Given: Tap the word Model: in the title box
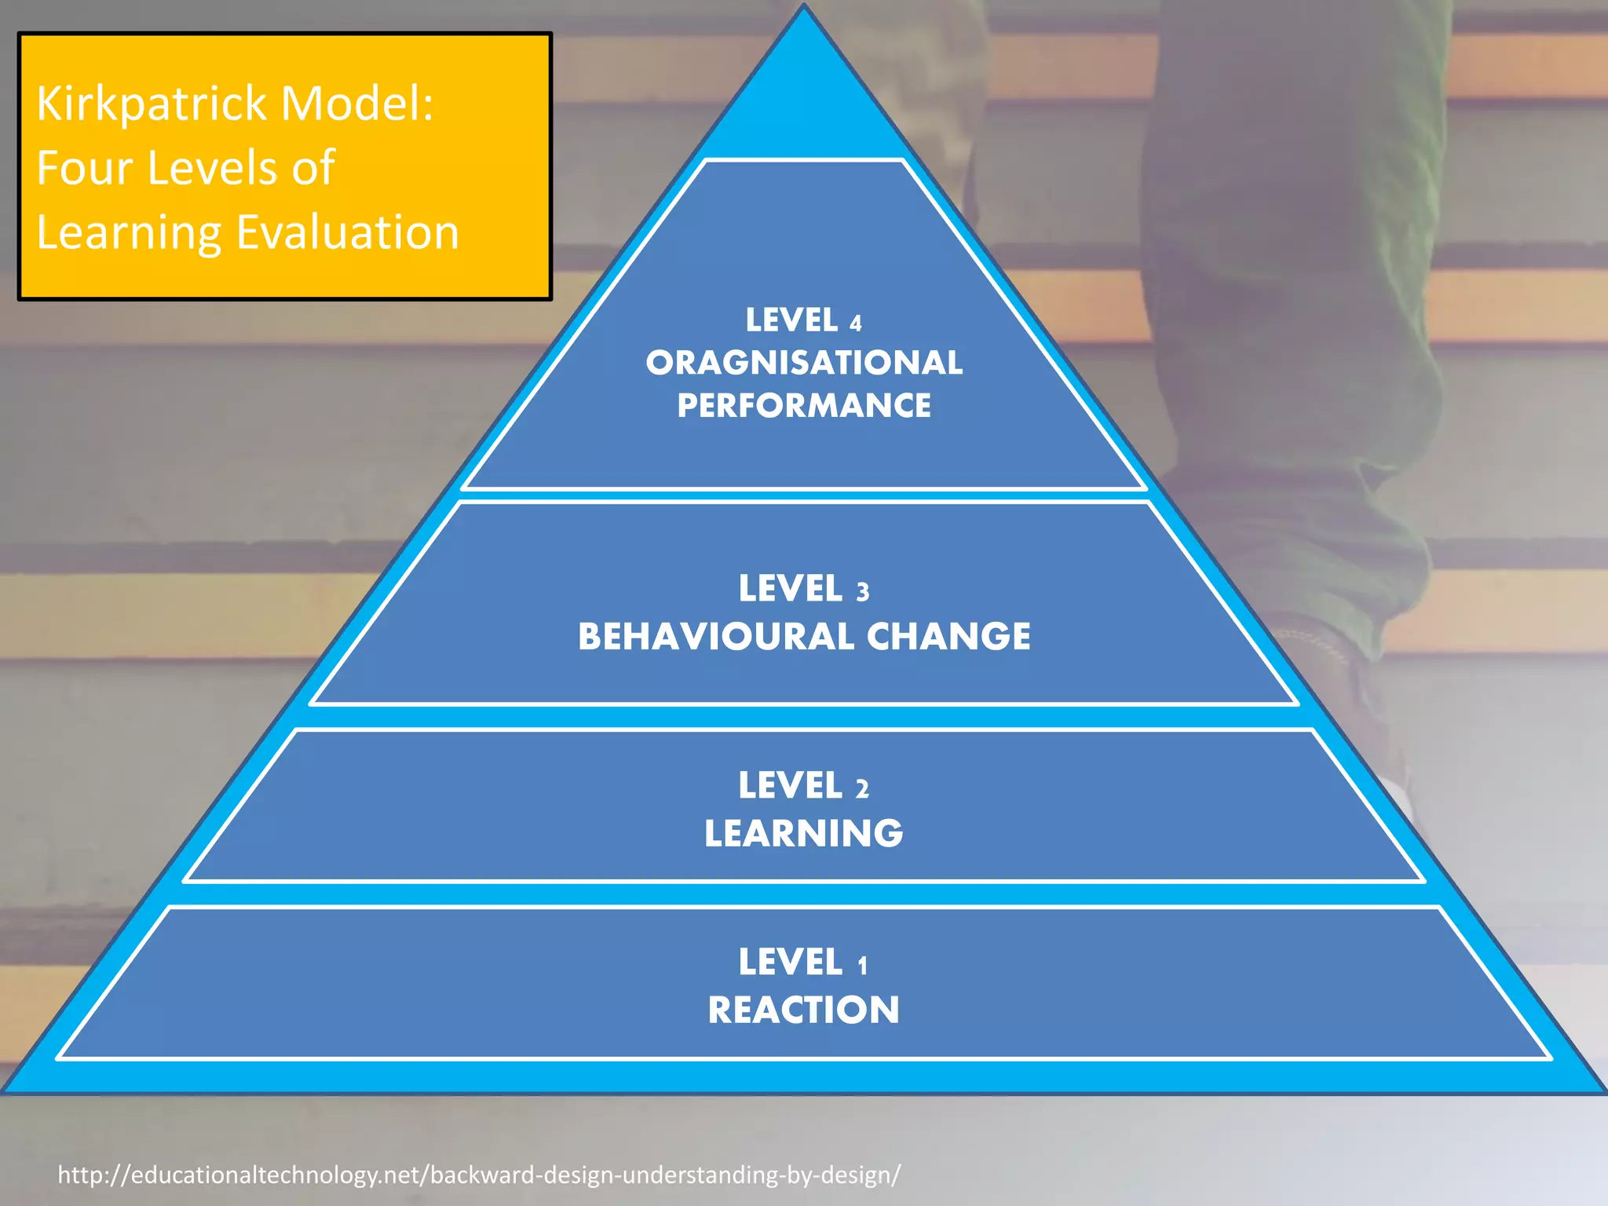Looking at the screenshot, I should pyautogui.click(x=356, y=104).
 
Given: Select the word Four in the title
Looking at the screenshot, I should pyautogui.click(x=84, y=168).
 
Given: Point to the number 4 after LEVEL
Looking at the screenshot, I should pyautogui.click(x=856, y=323).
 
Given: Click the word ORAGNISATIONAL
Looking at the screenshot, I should pyautogui.click(x=804, y=363).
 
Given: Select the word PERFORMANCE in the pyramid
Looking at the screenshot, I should pyautogui.click(x=804, y=406).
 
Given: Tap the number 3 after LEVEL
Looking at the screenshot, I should pyautogui.click(x=862, y=591).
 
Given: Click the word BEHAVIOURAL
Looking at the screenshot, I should pyautogui.click(x=715, y=636).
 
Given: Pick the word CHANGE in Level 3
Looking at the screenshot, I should pyautogui.click(x=948, y=636).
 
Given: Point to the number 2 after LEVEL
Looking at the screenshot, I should pyautogui.click(x=862, y=788).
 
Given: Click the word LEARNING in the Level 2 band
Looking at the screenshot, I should pyautogui.click(x=804, y=833).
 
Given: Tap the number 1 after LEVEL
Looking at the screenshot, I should pyautogui.click(x=862, y=965).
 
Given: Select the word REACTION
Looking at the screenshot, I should pyautogui.click(x=804, y=1010).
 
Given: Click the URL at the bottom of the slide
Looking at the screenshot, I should pyautogui.click(x=479, y=1175).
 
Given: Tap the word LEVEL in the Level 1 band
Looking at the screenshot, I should pyautogui.click(x=790, y=963).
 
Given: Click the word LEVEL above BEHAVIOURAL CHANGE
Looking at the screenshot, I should pyautogui.click(x=790, y=589).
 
